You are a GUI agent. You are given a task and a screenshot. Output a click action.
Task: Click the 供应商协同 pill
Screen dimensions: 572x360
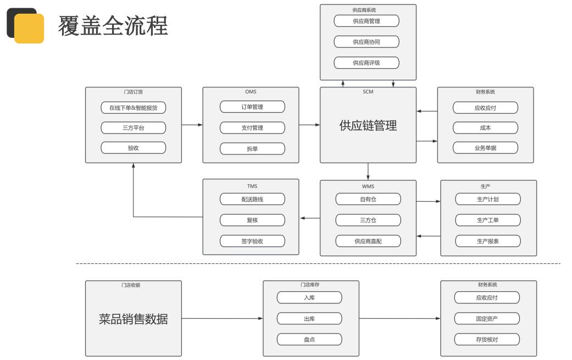coord(366,42)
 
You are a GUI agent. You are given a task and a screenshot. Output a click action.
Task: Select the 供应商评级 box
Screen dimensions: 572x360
coord(366,63)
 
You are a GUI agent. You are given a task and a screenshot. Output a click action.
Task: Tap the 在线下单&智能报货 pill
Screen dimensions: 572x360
coord(133,108)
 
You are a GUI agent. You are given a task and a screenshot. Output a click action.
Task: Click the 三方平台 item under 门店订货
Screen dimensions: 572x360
coord(133,128)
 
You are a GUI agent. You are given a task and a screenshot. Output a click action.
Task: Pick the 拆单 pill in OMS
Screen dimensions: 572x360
coord(252,148)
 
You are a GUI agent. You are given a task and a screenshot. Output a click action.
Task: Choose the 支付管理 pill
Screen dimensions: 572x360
coord(252,128)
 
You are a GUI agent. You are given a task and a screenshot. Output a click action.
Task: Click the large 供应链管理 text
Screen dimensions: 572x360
coord(368,125)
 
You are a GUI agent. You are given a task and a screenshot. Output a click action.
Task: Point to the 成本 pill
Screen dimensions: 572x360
coord(485,128)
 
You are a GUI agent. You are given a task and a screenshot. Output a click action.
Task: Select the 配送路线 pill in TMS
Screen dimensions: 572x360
coord(252,199)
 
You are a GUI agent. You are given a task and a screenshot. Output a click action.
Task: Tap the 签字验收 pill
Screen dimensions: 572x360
coord(252,241)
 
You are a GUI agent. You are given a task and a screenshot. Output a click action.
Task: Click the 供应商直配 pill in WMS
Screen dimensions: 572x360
coord(368,241)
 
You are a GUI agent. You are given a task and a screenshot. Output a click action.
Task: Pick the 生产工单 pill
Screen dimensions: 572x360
coord(488,220)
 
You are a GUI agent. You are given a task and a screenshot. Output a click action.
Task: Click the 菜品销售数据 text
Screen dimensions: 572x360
coord(133,319)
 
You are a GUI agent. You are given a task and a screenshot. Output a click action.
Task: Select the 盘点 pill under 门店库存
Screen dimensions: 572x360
coord(309,339)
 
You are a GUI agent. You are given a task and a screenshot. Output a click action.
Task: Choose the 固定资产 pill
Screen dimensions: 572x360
coord(487,318)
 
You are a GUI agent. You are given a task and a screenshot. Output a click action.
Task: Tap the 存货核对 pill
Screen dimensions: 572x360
coord(487,339)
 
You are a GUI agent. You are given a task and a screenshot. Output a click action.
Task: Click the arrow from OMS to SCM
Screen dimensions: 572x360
coord(309,125)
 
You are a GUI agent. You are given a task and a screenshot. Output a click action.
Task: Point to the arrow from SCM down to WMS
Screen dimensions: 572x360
coord(368,171)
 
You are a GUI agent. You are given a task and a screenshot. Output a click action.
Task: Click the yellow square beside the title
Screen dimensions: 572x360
coord(29,29)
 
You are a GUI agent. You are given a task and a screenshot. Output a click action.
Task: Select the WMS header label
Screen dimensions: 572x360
coord(368,186)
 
